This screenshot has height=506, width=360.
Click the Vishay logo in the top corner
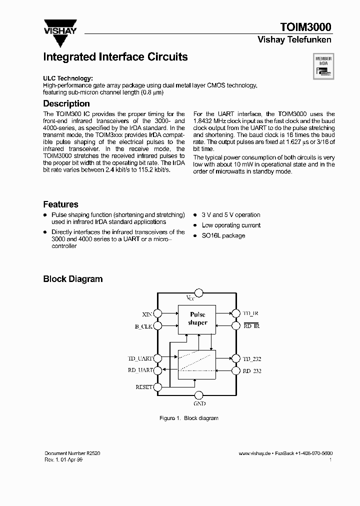click(x=60, y=27)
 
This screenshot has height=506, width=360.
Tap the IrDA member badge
click(x=323, y=67)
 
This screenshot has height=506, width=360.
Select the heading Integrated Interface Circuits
click(x=115, y=57)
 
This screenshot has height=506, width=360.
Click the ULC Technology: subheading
click(x=67, y=78)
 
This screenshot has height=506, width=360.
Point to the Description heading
click(x=66, y=103)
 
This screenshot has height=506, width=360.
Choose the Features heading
click(x=60, y=204)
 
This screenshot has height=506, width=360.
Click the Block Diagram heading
click(x=72, y=279)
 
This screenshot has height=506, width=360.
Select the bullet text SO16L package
click(x=223, y=235)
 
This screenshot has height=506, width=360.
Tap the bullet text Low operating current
click(x=231, y=225)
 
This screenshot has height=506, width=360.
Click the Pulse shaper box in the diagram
click(x=197, y=318)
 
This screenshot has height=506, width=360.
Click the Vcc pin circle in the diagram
click(x=198, y=292)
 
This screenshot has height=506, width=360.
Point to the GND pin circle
click(x=198, y=395)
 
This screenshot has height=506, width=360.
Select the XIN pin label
click(x=147, y=314)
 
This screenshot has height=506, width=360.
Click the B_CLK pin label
click(x=144, y=326)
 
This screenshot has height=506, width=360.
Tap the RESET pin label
click(x=144, y=387)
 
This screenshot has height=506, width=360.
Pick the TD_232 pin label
click(x=252, y=359)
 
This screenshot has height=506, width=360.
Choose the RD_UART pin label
click(x=140, y=370)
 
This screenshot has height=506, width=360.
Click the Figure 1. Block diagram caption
click(x=188, y=418)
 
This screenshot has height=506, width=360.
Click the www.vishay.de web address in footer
click(x=254, y=453)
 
